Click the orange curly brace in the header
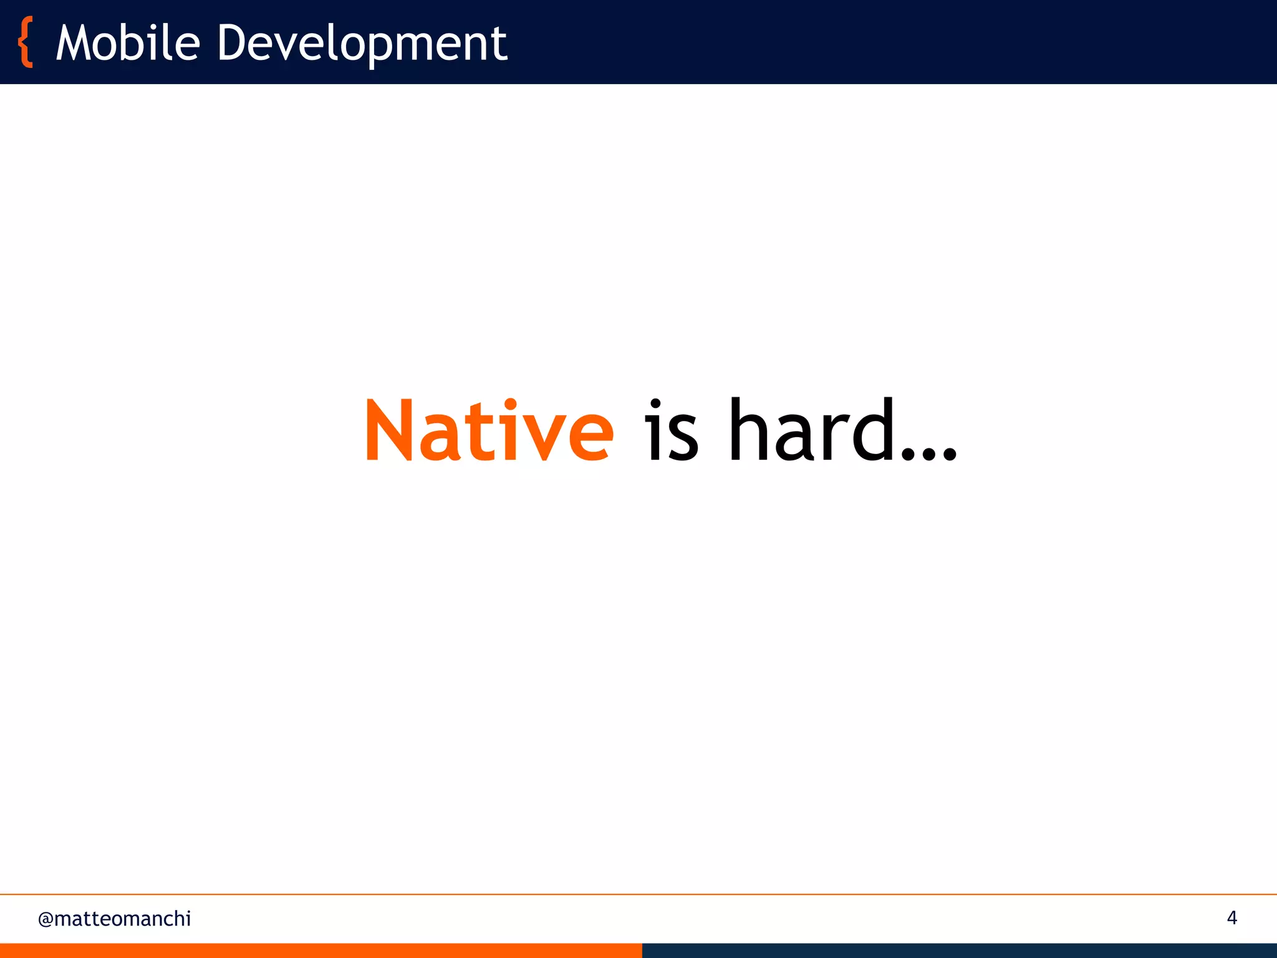click(x=26, y=42)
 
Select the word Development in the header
click(x=362, y=44)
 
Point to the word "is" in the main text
click(x=671, y=432)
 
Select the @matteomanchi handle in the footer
click(x=115, y=919)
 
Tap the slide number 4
click(x=1231, y=917)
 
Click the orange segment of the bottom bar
click(x=321, y=951)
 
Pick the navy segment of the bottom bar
click(x=959, y=951)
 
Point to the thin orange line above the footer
click(x=638, y=894)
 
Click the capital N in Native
click(x=388, y=432)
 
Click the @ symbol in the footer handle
click(x=45, y=919)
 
